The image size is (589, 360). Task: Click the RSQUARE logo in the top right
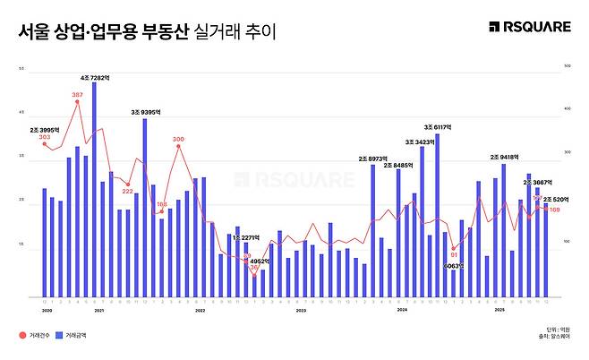click(529, 27)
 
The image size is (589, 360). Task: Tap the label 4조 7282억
click(94, 78)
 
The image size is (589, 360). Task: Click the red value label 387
click(77, 94)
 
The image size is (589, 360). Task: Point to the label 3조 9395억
click(144, 113)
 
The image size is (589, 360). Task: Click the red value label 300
click(178, 139)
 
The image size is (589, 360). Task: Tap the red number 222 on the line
click(127, 191)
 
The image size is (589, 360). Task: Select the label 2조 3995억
click(44, 129)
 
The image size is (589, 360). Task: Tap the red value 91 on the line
click(454, 253)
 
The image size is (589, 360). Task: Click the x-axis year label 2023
click(301, 309)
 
